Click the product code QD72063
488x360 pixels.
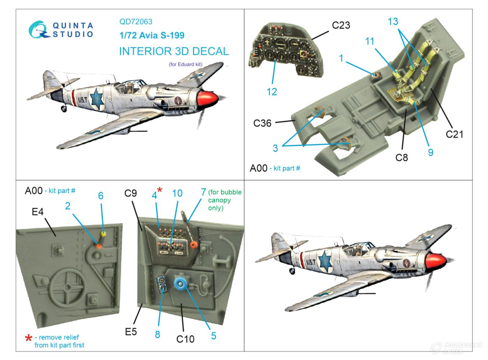tap(136, 22)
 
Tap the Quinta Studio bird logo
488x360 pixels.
tap(39, 29)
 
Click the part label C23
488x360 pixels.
tap(341, 25)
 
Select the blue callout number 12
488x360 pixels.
tap(272, 92)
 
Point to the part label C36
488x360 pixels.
tap(262, 123)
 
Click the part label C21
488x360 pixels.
tap(454, 134)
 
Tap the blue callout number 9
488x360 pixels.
tap(430, 152)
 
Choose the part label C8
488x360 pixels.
tap(402, 158)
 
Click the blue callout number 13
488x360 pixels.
tap(393, 22)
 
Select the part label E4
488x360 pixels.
tap(38, 212)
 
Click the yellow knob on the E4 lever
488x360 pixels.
tap(103, 233)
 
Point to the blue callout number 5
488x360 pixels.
tap(213, 335)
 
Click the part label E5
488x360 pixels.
tap(131, 332)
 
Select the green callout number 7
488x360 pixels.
tap(203, 192)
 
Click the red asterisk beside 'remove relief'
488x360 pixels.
tap(29, 338)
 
